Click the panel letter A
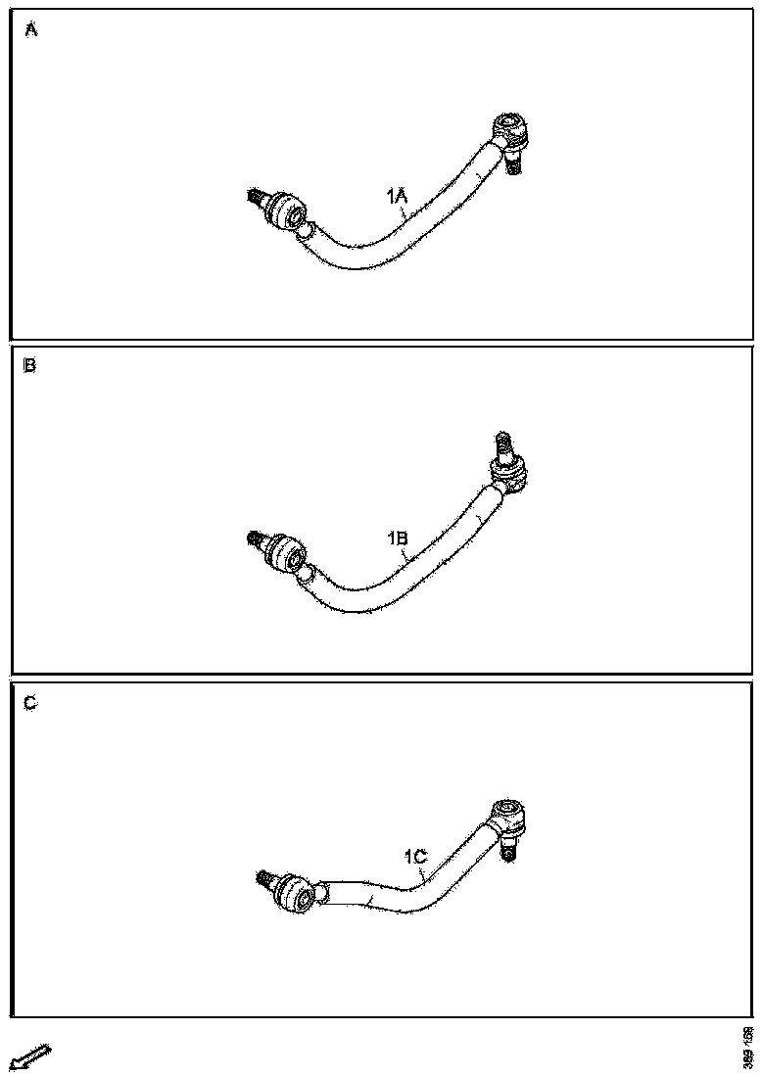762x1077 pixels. point(31,30)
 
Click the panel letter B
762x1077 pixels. point(30,367)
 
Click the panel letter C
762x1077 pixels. point(31,704)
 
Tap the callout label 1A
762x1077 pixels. point(398,198)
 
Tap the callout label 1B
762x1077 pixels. point(398,538)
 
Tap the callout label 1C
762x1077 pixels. point(415,857)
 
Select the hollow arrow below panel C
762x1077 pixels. point(28,1057)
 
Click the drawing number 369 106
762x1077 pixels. point(747,1047)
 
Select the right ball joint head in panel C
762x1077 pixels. point(508,812)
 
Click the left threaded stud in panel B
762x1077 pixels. point(257,539)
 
